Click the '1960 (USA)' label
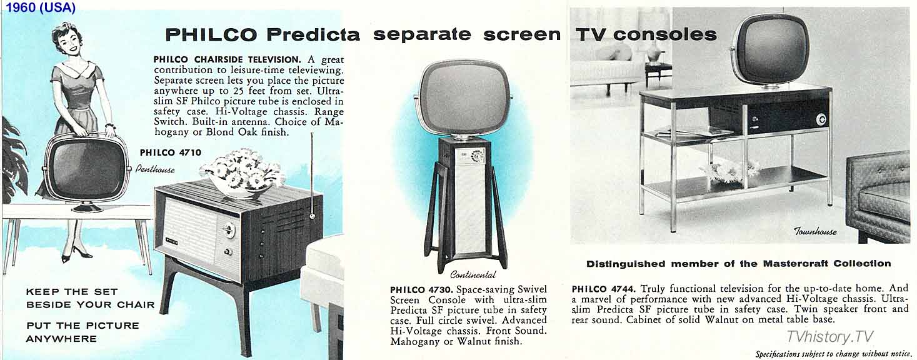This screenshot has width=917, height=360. point(41,7)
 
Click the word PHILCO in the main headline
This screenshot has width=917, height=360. point(211,35)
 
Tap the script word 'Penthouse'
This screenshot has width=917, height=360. point(155,169)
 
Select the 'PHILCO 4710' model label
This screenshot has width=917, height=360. point(171,152)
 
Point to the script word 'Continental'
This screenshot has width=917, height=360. point(473,274)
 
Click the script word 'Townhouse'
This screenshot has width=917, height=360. point(816,231)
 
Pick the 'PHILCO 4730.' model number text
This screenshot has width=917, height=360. point(422,289)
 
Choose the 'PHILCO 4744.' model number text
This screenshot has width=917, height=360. point(603,289)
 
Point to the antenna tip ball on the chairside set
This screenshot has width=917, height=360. point(313,216)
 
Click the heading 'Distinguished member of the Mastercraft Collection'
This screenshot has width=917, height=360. point(738,264)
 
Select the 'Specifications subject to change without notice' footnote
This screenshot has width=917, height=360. point(834,354)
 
